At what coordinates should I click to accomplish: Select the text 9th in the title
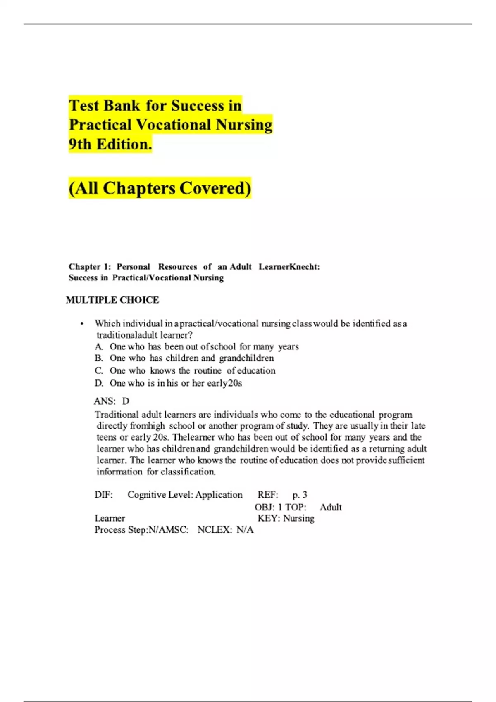[80, 144]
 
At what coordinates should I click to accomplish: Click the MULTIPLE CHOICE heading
[112, 300]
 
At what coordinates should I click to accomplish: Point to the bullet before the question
[82, 324]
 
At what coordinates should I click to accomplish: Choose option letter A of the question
[98, 347]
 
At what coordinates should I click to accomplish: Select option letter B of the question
[98, 358]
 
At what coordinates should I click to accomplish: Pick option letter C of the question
[98, 371]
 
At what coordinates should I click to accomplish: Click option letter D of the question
[99, 383]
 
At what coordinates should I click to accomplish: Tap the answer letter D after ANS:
[126, 401]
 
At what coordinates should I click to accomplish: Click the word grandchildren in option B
[246, 358]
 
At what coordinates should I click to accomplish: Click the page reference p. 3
[300, 495]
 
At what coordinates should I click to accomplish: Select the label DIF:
[103, 495]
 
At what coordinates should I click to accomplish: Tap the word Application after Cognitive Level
[219, 495]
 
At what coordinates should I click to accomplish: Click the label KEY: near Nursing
[269, 518]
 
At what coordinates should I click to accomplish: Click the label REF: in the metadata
[268, 495]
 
